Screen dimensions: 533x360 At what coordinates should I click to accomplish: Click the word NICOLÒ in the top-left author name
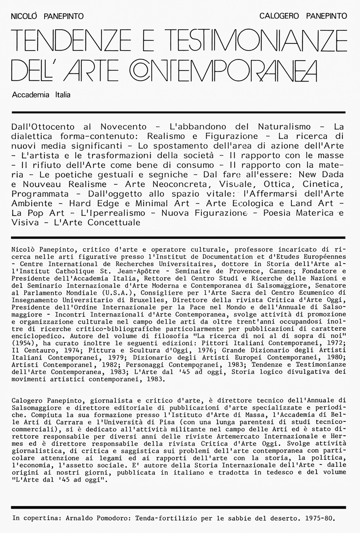(x=25, y=16)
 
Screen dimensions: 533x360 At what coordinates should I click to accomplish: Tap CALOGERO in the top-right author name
(x=279, y=16)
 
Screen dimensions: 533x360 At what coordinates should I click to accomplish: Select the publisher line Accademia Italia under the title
(x=41, y=95)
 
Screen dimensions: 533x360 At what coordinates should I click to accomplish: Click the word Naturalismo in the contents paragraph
(x=284, y=127)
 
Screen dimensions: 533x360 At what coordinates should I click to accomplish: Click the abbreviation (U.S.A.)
(x=118, y=293)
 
